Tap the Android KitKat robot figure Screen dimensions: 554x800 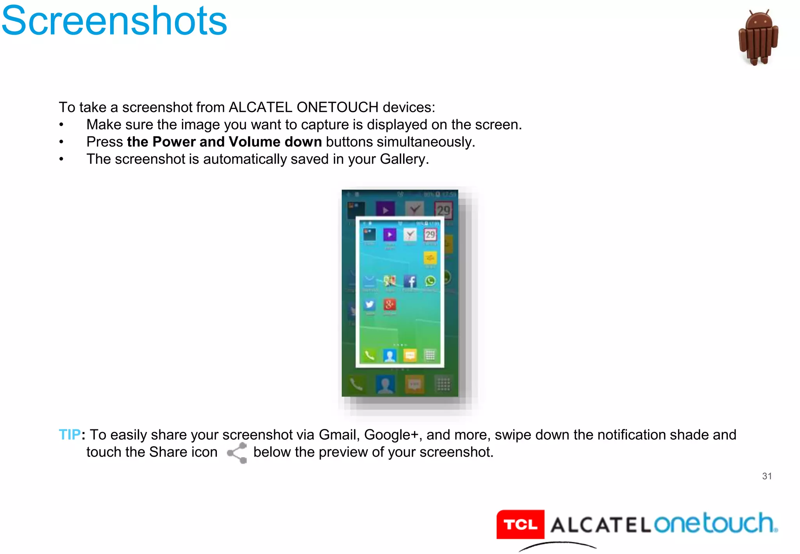tap(758, 38)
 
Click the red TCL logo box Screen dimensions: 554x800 tap(520, 524)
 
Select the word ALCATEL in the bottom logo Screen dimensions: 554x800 tap(600, 525)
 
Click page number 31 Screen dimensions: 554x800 tap(767, 476)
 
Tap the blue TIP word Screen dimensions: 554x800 tap(70, 434)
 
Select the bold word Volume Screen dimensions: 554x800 tap(254, 142)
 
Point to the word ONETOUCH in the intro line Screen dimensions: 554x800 tap(337, 107)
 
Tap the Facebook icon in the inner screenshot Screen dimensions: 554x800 tap(410, 281)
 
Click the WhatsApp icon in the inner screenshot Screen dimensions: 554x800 tap(430, 281)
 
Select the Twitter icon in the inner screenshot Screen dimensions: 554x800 tap(370, 304)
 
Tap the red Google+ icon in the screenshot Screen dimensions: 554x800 tap(389, 304)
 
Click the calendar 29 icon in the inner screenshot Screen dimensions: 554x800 tap(430, 234)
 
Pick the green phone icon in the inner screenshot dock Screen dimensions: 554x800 tap(370, 355)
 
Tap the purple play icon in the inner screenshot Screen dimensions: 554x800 tap(389, 234)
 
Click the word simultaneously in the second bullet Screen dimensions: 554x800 tap(425, 142)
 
